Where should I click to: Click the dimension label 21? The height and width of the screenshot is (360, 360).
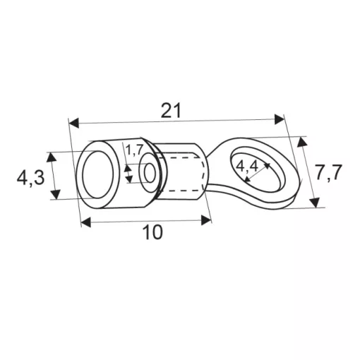click(x=171, y=110)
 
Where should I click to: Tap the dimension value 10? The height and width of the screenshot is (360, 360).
click(x=153, y=232)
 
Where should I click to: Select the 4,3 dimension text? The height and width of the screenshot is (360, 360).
click(x=30, y=178)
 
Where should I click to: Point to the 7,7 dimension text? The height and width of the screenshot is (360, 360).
click(x=328, y=173)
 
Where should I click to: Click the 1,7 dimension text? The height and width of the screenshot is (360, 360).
click(x=134, y=150)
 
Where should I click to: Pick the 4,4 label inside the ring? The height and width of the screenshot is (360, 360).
click(x=247, y=167)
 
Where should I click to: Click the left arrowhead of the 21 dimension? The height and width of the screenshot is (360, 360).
click(x=74, y=124)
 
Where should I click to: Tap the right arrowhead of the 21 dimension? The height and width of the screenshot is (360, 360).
click(x=280, y=119)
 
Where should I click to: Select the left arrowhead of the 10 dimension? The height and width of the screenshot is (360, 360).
click(x=86, y=222)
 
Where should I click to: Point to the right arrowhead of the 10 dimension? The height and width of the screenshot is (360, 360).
click(x=206, y=220)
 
